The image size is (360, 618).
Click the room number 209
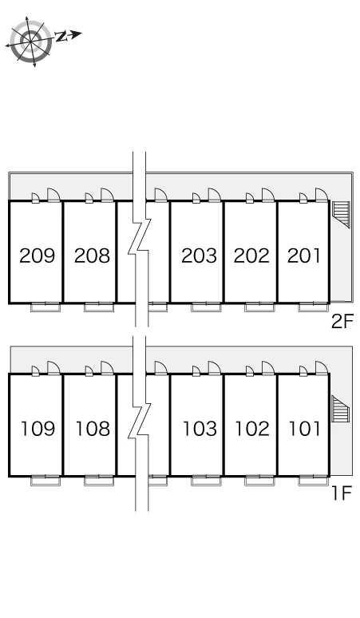pyautogui.click(x=37, y=256)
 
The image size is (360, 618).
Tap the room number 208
pyautogui.click(x=92, y=256)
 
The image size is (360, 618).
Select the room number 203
pyautogui.click(x=199, y=256)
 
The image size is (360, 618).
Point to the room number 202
pyautogui.click(x=251, y=256)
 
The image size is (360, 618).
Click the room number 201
pyautogui.click(x=304, y=256)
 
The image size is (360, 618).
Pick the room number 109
pyautogui.click(x=38, y=429)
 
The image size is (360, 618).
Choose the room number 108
pyautogui.click(x=93, y=429)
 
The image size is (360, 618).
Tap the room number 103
pyautogui.click(x=200, y=429)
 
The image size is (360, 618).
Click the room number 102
pyautogui.click(x=252, y=429)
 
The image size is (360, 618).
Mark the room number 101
pyautogui.click(x=305, y=429)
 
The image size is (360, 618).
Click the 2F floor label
pyautogui.click(x=342, y=322)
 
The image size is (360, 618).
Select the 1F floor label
pyautogui.click(x=342, y=493)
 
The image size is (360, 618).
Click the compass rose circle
pyautogui.click(x=30, y=42)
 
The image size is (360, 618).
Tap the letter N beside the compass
pyautogui.click(x=61, y=37)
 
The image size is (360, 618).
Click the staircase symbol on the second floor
pyautogui.click(x=341, y=215)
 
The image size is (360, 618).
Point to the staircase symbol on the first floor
pyautogui.click(x=341, y=409)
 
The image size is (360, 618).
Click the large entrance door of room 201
pyautogui.click(x=322, y=195)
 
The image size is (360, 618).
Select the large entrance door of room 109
pyautogui.click(x=53, y=368)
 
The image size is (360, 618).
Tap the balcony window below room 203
pyautogui.click(x=206, y=307)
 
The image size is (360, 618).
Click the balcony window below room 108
pyautogui.click(x=99, y=481)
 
